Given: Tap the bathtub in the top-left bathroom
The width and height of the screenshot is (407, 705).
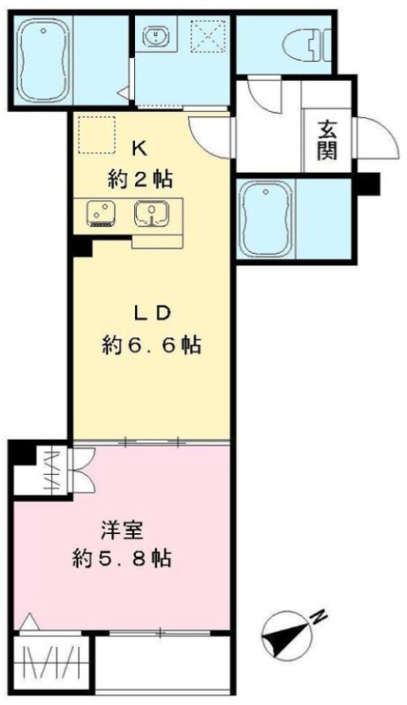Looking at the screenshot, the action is (42, 63).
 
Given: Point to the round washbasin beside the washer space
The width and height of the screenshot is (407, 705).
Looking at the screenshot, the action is (156, 35).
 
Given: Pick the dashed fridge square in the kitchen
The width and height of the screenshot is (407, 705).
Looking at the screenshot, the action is (97, 134).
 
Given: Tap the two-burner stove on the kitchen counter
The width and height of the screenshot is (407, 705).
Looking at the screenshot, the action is (102, 212).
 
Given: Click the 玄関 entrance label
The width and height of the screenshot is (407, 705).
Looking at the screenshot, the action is (328, 141).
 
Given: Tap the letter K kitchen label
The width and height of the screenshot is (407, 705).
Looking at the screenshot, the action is (139, 148).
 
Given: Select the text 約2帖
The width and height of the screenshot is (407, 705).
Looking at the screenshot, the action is (139, 180).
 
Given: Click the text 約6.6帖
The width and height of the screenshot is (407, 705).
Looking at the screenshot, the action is (151, 345).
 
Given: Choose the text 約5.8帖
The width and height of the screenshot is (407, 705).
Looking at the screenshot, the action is (122, 559).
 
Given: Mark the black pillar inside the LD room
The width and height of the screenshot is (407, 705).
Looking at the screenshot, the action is (82, 247).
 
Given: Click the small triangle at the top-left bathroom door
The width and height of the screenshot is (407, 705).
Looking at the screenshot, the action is (123, 93).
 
